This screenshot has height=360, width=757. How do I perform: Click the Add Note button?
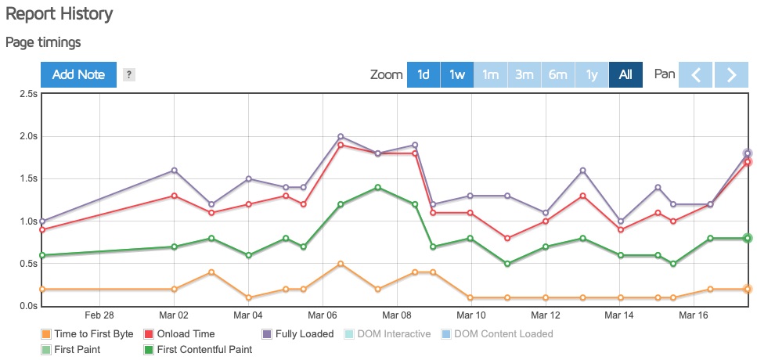pos(78,75)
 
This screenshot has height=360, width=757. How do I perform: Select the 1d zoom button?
pos(423,75)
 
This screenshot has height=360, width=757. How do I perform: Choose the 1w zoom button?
pos(457,75)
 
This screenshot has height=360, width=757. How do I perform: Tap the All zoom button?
pos(625,75)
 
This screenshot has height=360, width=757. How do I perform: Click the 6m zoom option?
pos(558,75)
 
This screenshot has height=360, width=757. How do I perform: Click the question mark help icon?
pos(129,75)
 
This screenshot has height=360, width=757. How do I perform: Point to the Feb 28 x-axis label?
pos(99,316)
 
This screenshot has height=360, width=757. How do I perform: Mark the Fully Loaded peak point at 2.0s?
pos(341,136)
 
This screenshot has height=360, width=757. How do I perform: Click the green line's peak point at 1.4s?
pos(377,188)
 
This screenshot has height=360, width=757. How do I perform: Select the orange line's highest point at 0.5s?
pos(341,264)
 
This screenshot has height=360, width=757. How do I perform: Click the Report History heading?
pos(59,14)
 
